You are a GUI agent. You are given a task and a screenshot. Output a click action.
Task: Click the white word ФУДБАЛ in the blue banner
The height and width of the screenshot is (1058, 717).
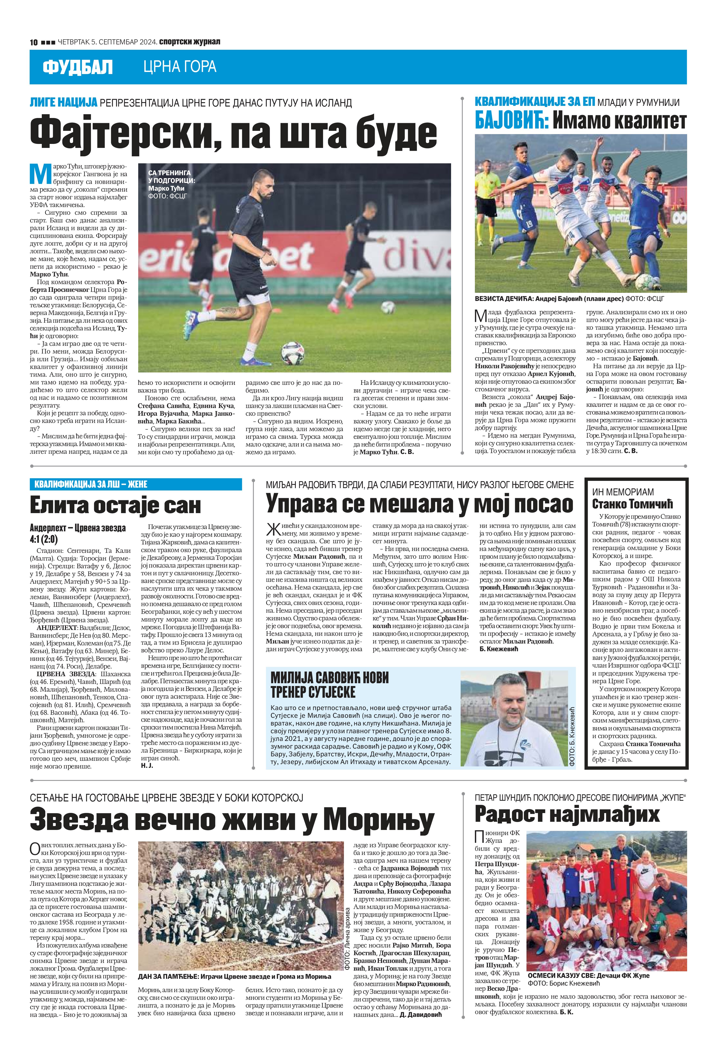[x=77, y=67]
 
